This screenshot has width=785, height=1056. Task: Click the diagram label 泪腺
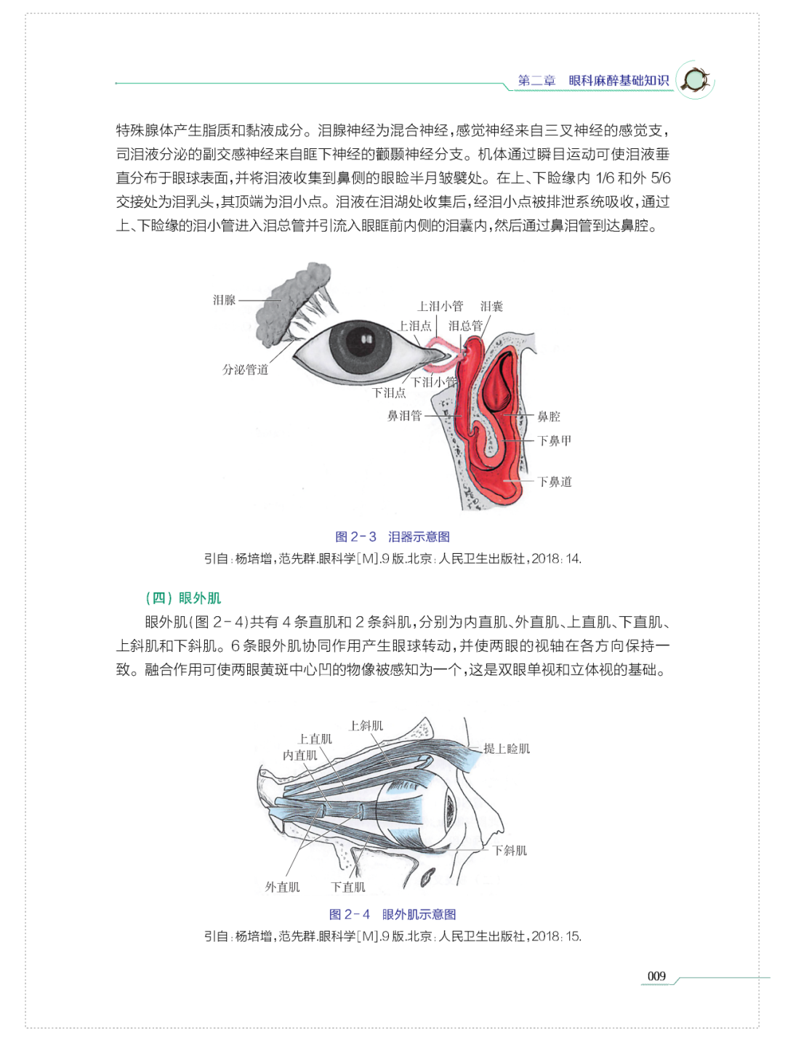224,300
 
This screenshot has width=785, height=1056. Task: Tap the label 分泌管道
245,370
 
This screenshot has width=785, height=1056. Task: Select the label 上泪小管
440,306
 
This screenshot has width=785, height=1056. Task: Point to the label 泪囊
491,306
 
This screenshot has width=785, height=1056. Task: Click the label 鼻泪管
404,416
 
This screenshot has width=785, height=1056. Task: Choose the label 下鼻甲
554,440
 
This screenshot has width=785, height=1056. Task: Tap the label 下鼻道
554,481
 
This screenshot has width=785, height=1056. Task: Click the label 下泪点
389,392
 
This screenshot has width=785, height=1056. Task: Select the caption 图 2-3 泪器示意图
392,536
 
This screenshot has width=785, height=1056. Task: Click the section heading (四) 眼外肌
183,598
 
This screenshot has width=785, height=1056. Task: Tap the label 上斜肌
366,725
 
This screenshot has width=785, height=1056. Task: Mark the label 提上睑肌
507,749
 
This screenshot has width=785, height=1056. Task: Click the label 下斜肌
510,850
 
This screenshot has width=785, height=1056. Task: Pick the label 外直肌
282,887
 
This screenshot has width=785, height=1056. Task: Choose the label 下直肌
348,887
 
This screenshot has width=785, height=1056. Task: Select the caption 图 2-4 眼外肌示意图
392,914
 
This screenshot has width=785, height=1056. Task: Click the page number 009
656,976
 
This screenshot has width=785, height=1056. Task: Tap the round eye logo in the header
695,80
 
